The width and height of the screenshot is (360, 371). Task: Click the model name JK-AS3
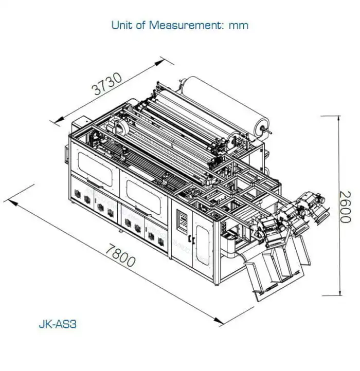58,324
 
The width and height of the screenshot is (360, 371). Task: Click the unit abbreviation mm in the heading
238,25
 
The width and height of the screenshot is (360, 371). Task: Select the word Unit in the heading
121,25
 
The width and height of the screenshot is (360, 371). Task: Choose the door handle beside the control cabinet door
190,239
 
